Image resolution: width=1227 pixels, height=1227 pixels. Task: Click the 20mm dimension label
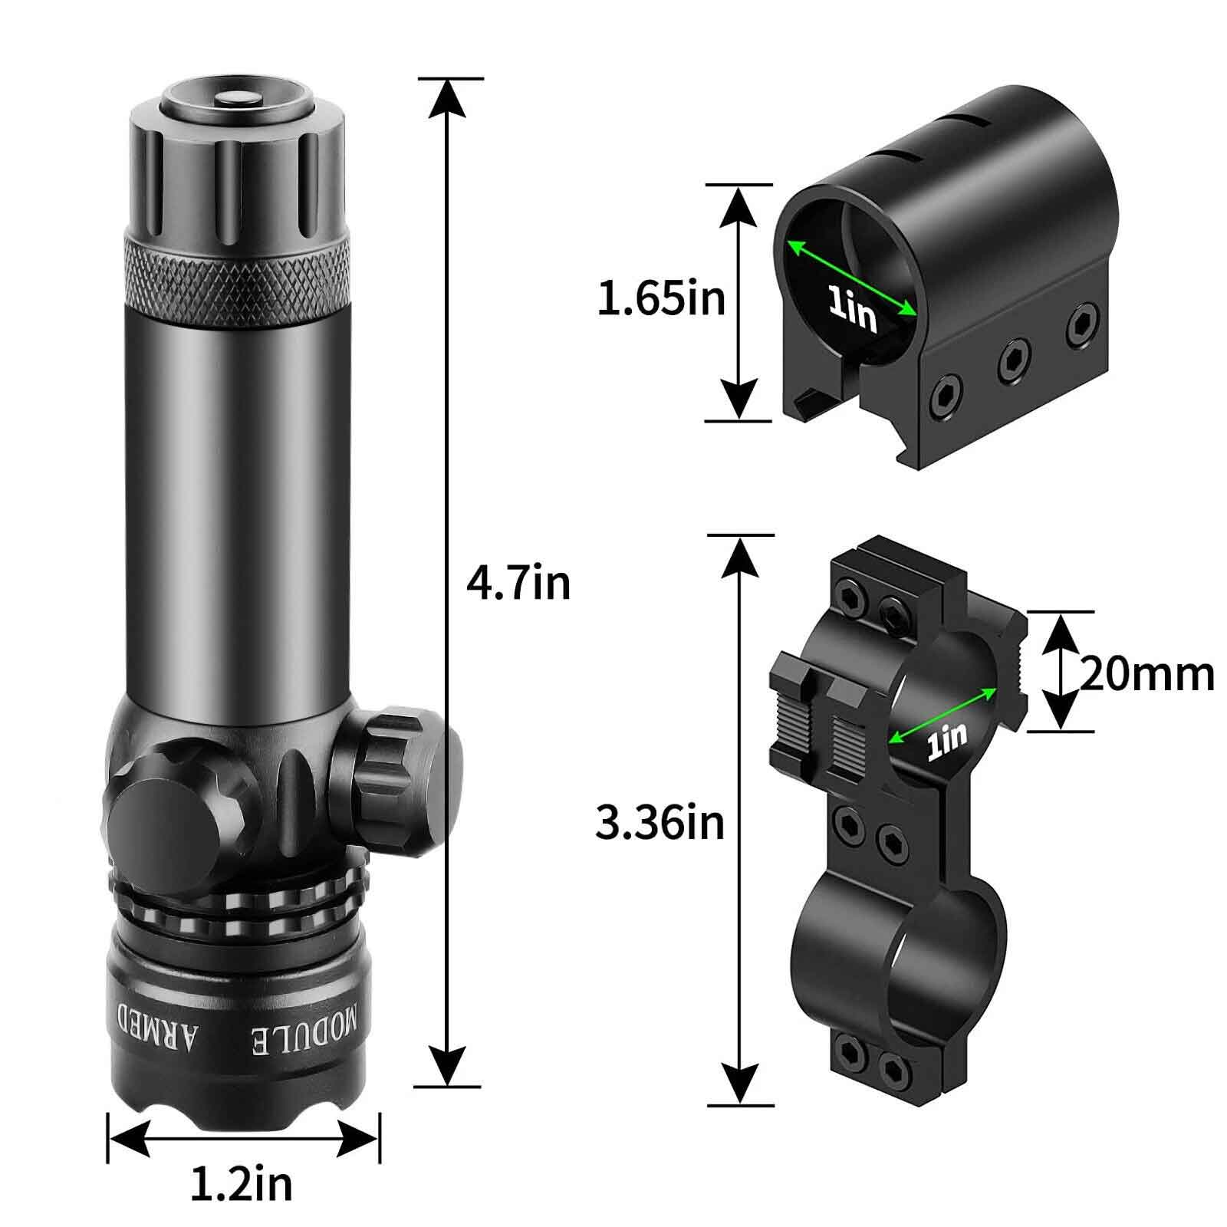(1147, 674)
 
